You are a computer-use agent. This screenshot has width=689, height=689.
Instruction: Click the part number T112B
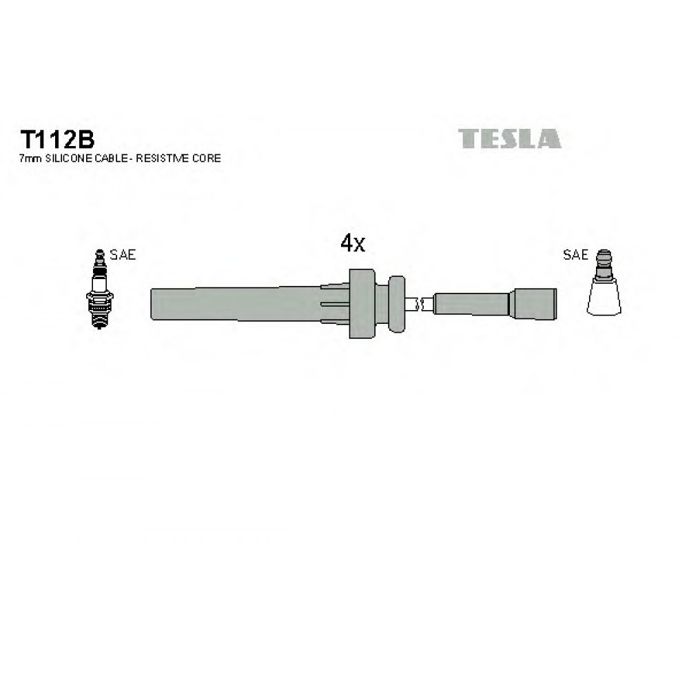[x=57, y=140]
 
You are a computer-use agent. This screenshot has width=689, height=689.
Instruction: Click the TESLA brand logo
[x=510, y=138]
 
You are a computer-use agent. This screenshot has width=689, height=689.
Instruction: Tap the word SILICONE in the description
[x=69, y=158]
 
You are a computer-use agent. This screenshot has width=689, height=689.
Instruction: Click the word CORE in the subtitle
[x=206, y=158]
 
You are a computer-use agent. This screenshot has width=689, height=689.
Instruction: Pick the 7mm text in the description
[x=30, y=158]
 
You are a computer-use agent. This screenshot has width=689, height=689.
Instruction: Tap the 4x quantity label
[x=353, y=243]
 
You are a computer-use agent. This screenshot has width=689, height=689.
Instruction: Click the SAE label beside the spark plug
[x=123, y=254]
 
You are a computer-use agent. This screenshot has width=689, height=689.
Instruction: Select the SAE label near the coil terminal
[x=575, y=254]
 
